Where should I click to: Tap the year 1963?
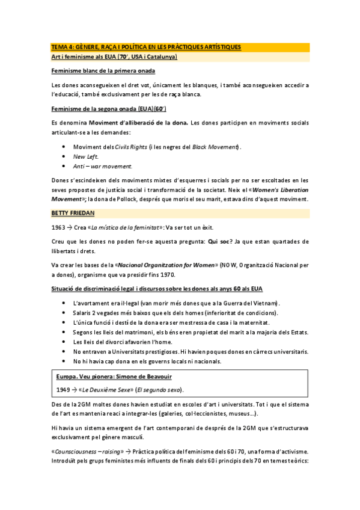point(58,227)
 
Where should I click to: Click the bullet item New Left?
point(85,156)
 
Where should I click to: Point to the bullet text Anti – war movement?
point(103,165)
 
